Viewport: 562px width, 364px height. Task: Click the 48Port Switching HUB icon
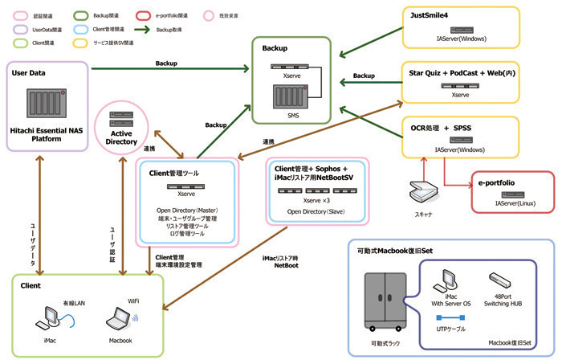pyautogui.click(x=501, y=280)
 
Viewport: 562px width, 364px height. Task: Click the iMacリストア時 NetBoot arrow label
pyautogui.click(x=281, y=262)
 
